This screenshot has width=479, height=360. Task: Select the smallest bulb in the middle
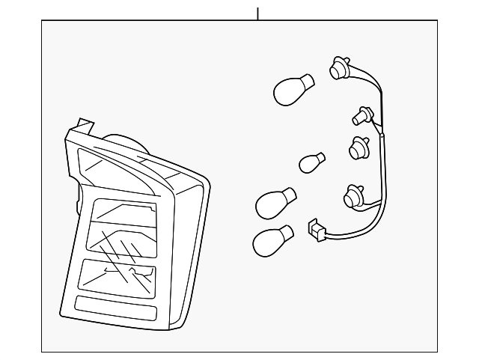click(311, 162)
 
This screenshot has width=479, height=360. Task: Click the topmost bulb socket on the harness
click(338, 70)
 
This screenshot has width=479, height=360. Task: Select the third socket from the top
click(358, 149)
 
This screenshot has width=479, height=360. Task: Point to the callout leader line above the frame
click(257, 13)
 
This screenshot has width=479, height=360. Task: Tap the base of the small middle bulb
click(322, 157)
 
